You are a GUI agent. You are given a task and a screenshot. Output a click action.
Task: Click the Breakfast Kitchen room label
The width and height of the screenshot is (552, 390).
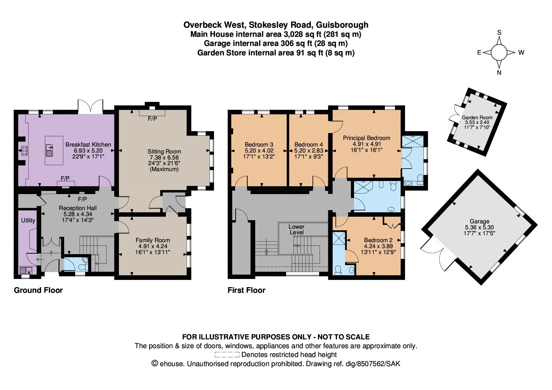[88, 145]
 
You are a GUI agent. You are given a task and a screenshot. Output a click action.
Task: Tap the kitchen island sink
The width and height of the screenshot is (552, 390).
[49, 150]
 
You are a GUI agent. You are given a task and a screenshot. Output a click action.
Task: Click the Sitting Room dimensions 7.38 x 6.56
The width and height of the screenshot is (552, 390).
[164, 157]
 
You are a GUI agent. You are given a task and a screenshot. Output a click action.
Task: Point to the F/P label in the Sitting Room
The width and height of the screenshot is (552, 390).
[152, 119]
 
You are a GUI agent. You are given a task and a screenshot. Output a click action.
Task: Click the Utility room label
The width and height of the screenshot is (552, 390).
[28, 220]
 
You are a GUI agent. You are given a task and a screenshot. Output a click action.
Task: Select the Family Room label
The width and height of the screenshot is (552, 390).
[153, 240]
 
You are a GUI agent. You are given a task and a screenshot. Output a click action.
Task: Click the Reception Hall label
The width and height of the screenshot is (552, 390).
[78, 208]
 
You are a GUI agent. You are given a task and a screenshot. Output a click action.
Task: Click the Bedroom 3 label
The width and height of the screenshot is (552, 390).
[259, 145]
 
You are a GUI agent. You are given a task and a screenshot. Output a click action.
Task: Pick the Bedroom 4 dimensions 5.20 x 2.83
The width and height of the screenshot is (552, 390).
[308, 151]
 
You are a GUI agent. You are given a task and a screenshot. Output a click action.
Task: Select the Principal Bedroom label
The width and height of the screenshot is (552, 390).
[366, 138]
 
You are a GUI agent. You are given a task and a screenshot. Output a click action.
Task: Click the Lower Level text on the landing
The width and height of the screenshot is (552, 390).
[296, 229]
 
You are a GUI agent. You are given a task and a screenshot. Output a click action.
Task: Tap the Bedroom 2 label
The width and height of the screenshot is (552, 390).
[378, 240]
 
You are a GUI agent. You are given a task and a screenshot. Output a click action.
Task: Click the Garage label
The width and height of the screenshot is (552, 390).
[479, 221]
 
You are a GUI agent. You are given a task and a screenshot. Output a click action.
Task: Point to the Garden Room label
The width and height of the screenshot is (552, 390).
[477, 117]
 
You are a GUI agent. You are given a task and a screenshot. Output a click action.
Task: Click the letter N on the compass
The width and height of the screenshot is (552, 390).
[499, 73]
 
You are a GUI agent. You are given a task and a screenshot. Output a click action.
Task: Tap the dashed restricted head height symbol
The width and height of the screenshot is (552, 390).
[227, 355]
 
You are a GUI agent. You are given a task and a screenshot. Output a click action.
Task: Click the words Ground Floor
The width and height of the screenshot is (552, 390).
[38, 290]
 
